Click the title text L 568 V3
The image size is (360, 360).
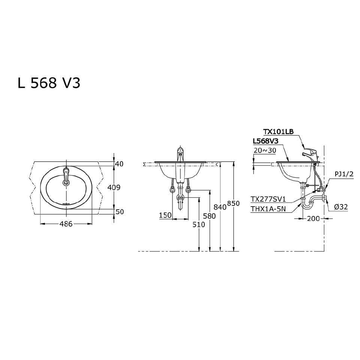49,83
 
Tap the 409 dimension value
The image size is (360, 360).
114,187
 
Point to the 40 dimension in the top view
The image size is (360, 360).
119,164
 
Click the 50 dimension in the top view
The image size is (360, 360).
119,212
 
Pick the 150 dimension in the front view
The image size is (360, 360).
165,215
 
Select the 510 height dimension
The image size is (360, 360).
199,225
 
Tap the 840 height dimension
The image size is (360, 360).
220,207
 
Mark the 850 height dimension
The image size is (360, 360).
233,203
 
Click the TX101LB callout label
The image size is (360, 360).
278,132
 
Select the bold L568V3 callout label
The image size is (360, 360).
265,141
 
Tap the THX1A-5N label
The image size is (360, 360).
269,209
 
